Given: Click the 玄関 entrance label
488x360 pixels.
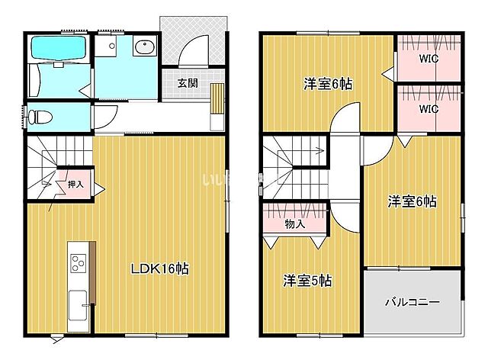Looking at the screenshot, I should pos(188,82).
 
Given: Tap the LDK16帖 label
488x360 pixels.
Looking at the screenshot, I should pos(159,268).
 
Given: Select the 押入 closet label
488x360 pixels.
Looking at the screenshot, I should pos(75,184).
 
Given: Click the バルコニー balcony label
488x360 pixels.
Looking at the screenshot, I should pos(412,302).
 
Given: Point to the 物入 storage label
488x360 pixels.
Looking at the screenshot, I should pos(295,224).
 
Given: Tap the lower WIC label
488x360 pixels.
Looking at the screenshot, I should pos(428,108).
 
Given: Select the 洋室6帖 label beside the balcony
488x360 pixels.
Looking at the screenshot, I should pos(412,201).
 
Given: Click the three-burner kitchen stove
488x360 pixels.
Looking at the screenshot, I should pos(79,264).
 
